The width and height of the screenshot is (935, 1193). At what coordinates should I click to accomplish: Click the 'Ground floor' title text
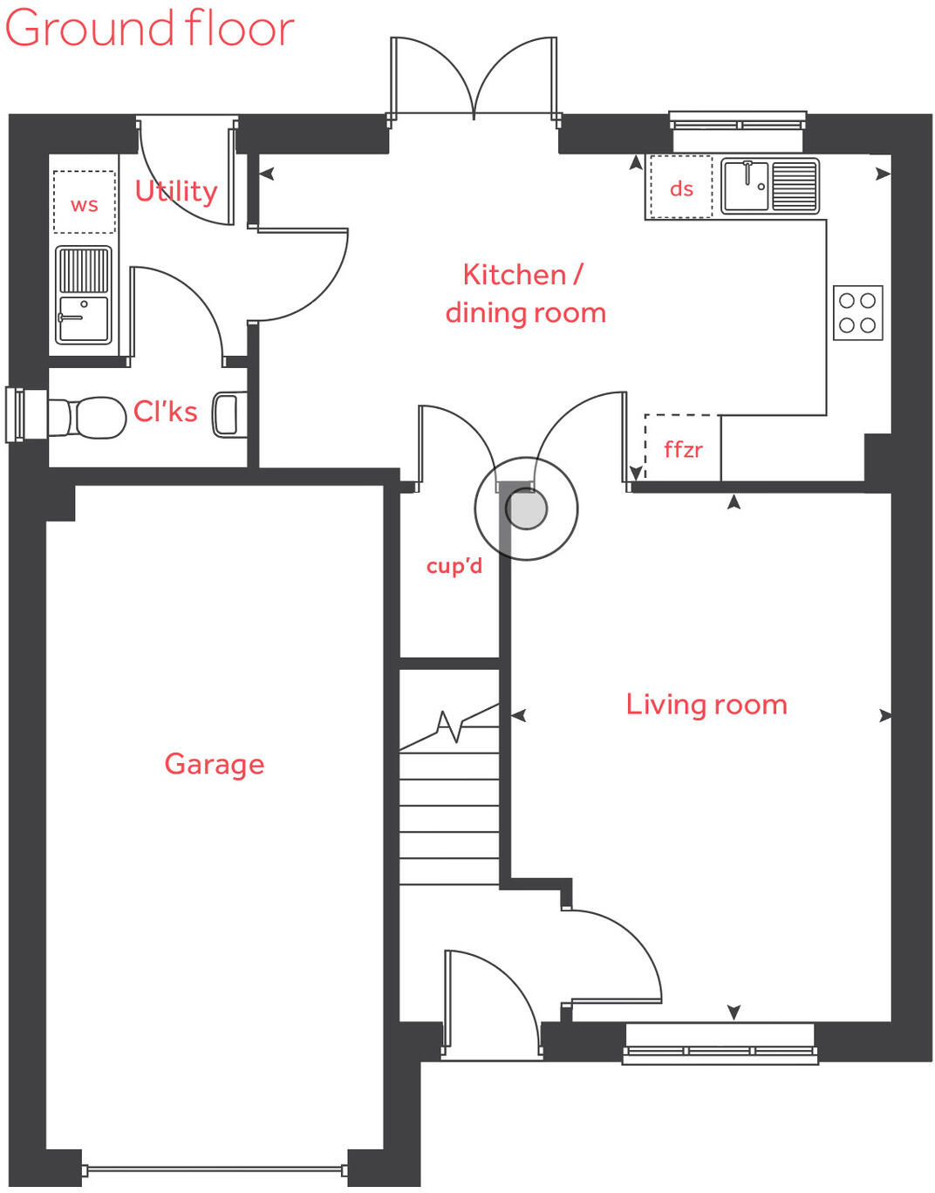tap(149, 28)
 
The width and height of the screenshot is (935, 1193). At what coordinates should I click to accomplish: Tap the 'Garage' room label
tap(214, 764)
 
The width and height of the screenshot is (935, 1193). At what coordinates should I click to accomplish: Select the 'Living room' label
tap(706, 705)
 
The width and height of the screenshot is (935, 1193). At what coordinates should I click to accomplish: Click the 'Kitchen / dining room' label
tap(524, 294)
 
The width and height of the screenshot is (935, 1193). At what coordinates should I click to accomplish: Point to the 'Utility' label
tap(175, 190)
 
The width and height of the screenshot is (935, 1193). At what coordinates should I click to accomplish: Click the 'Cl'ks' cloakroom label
tap(165, 412)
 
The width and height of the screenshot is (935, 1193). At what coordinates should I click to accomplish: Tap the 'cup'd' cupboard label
tap(454, 566)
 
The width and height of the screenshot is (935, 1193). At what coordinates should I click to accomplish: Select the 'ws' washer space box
tap(84, 202)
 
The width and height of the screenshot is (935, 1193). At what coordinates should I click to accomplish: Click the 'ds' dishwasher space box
tap(680, 187)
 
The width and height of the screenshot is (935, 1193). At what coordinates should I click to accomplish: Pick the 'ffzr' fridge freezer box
tap(682, 448)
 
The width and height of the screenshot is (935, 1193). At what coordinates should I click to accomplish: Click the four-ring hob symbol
tap(857, 312)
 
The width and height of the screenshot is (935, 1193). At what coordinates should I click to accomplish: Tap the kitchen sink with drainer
tap(769, 185)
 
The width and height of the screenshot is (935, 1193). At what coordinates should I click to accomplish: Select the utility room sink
tap(84, 295)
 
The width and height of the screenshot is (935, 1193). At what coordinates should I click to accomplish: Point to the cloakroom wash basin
tap(226, 413)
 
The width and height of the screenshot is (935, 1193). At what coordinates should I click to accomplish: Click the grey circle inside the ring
tap(526, 508)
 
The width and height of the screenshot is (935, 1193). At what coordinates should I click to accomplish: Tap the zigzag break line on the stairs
tap(454, 724)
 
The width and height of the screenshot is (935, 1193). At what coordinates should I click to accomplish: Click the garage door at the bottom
tap(215, 1169)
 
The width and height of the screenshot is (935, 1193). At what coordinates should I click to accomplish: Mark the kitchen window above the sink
tap(737, 120)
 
